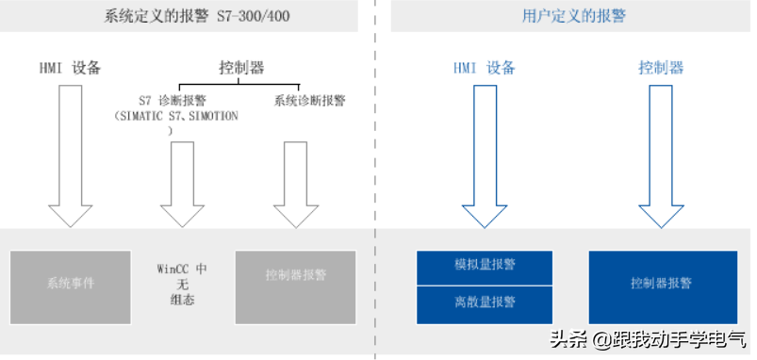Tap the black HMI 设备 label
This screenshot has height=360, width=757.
[70, 68]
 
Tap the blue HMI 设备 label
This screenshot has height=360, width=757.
[485, 68]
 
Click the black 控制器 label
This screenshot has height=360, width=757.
[240, 68]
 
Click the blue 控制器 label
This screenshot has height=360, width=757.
[660, 68]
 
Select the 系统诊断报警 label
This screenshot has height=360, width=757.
[309, 100]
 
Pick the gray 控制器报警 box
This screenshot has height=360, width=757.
[295, 276]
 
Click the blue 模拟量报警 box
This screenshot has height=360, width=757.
[485, 265]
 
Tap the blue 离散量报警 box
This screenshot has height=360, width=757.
[485, 302]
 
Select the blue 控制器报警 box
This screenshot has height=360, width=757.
[660, 283]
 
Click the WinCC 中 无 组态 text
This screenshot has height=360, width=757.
[182, 284]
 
